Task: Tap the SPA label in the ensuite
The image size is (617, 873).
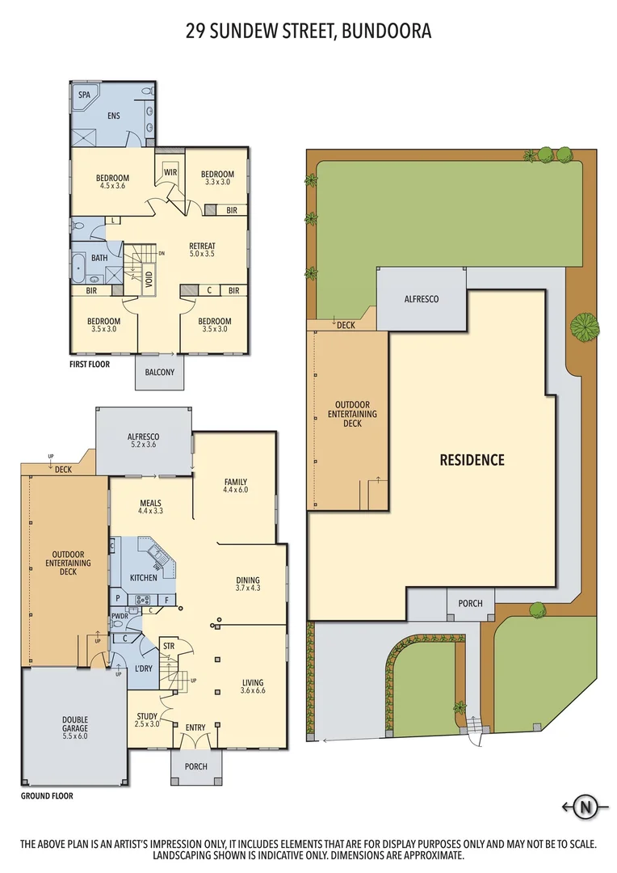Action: [x=84, y=95]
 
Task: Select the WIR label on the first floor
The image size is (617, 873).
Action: [x=170, y=172]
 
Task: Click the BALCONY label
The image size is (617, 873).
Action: [x=159, y=372]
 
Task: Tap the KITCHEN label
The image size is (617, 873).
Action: [x=144, y=578]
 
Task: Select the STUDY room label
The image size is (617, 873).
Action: [x=147, y=719]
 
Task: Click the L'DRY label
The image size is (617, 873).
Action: [x=144, y=668]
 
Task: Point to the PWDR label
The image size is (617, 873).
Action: [x=120, y=616]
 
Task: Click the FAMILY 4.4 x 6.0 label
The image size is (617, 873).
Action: [x=235, y=487]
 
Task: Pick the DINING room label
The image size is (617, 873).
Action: [x=248, y=583]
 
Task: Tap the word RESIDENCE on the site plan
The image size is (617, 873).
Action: [x=472, y=460]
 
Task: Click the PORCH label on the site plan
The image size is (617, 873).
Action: [x=470, y=603]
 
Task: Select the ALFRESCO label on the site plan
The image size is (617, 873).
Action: [x=421, y=299]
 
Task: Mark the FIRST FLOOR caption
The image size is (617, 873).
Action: [x=90, y=364]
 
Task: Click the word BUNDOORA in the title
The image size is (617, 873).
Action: [x=386, y=32]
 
